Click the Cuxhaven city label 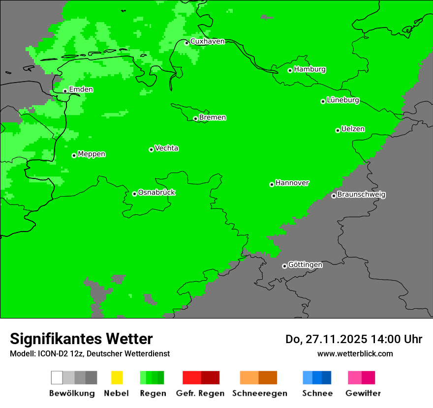click(207, 41)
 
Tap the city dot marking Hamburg click(290, 70)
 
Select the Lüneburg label click(343, 100)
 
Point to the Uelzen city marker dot click(338, 130)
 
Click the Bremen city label click(213, 117)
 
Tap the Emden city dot click(65, 90)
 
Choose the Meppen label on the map click(92, 154)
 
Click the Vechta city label click(166, 148)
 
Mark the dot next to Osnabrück click(134, 194)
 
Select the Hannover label click(292, 183)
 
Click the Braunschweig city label click(361, 195)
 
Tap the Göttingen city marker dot click(284, 266)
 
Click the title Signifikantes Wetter click(81, 339)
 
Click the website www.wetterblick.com click(355, 353)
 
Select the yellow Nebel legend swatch click(117, 378)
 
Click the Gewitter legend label click(363, 393)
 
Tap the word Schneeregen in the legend click(260, 393)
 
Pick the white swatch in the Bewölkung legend click(57, 378)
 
